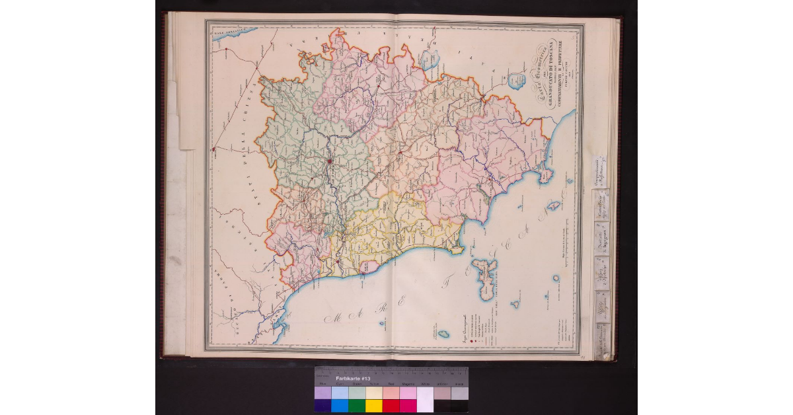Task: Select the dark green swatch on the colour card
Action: tap(357, 405)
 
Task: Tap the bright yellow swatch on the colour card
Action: tap(374, 405)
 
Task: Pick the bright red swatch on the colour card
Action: tap(391, 405)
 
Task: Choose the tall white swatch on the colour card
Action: tap(425, 399)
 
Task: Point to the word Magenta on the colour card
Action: tap(408, 384)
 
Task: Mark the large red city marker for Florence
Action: tap(328, 159)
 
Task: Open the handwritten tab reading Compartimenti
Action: tap(600, 173)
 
